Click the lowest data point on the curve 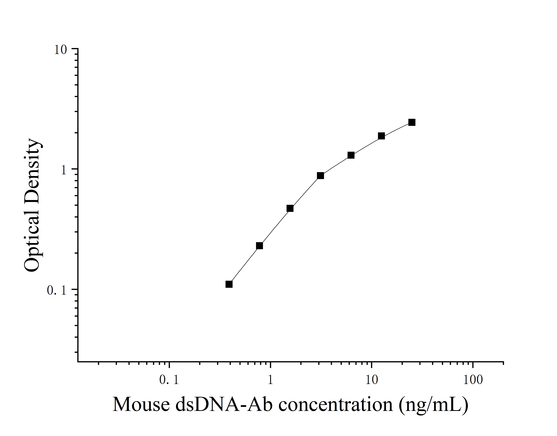[229, 284]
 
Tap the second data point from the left [259, 246]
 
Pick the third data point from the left [290, 208]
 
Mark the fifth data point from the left [351, 155]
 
